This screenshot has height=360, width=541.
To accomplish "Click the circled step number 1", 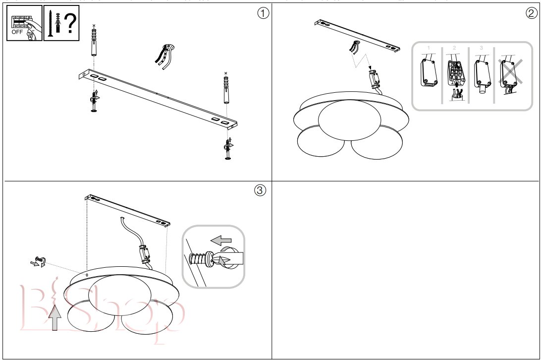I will pyautogui.click(x=263, y=13).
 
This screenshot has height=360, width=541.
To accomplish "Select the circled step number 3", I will pyautogui.click(x=260, y=190).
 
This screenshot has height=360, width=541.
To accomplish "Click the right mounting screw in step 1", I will pyautogui.click(x=227, y=149).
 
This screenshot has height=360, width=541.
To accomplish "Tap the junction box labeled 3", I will pyautogui.click(x=482, y=72).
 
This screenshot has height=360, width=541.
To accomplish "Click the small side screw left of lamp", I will pyautogui.click(x=40, y=261).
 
